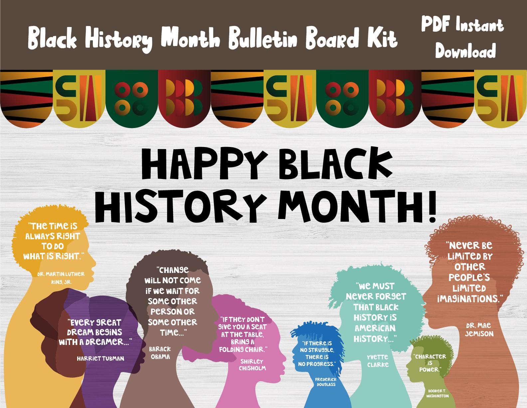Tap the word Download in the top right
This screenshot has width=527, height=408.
click(465, 51)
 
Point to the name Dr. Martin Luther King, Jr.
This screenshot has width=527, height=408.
click(61, 278)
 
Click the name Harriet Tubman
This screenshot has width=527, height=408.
click(100, 359)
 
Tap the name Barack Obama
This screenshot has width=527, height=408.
click(160, 353)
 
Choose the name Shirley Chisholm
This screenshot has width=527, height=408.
click(252, 365)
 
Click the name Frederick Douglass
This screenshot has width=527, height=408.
click(326, 382)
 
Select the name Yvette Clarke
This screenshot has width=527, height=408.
click(378, 361)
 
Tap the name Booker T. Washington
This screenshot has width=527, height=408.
click(437, 393)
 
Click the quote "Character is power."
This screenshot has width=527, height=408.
click(430, 363)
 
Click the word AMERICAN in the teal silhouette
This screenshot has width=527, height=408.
click(375, 328)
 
